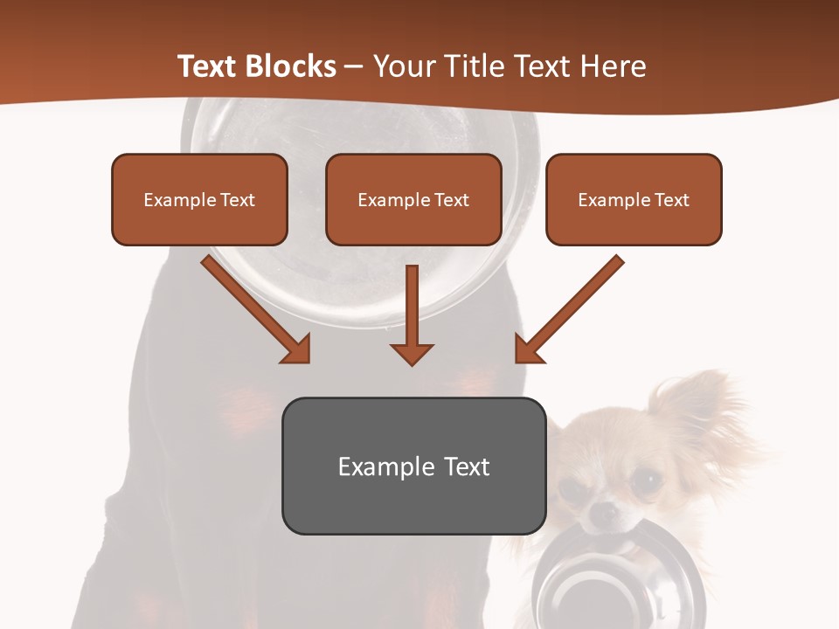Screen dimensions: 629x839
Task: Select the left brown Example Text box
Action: click(199, 199)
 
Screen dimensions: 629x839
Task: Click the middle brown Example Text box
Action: click(413, 199)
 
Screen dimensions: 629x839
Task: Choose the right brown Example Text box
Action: click(634, 199)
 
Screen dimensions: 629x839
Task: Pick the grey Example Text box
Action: click(413, 466)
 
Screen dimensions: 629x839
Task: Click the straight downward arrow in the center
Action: click(412, 314)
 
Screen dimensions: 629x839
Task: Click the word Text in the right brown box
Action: click(671, 199)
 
